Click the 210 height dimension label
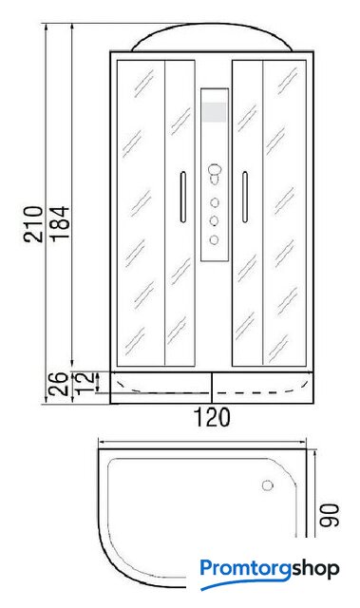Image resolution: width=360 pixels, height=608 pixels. [x=33, y=224]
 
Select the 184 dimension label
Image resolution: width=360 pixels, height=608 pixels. [x=61, y=224]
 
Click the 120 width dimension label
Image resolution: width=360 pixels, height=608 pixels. [x=212, y=417]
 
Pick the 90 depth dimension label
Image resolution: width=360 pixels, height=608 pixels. [x=330, y=515]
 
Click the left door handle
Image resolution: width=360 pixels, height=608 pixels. [x=183, y=197]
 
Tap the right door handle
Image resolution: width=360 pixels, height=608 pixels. [x=244, y=197]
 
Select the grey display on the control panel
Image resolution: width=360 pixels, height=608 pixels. [x=214, y=112]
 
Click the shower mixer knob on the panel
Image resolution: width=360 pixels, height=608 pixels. [x=215, y=173]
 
